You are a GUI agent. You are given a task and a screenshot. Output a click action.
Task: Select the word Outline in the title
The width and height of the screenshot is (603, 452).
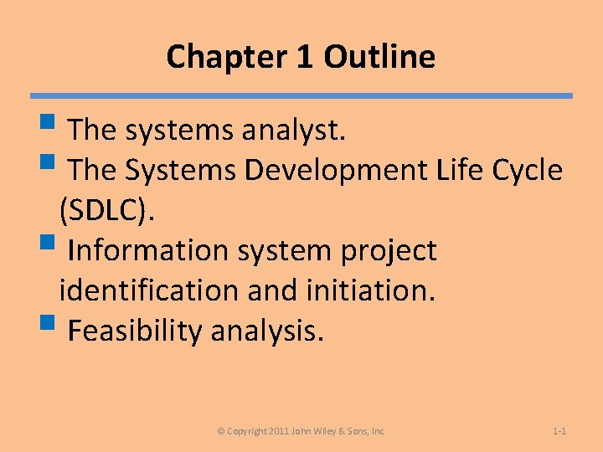click(x=379, y=58)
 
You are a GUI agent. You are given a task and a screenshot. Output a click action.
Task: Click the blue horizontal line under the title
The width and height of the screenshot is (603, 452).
click(x=301, y=96)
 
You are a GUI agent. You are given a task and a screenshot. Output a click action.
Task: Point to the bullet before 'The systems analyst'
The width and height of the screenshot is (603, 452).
click(x=55, y=129)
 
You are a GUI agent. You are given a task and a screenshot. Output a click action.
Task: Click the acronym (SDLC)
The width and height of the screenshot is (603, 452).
click(x=107, y=212)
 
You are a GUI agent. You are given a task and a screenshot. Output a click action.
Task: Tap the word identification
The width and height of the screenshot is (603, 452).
click(x=149, y=291)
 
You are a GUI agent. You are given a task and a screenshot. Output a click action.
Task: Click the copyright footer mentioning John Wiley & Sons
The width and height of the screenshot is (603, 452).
click(x=301, y=431)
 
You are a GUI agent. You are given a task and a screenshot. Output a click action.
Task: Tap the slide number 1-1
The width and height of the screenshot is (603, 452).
click(x=560, y=431)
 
